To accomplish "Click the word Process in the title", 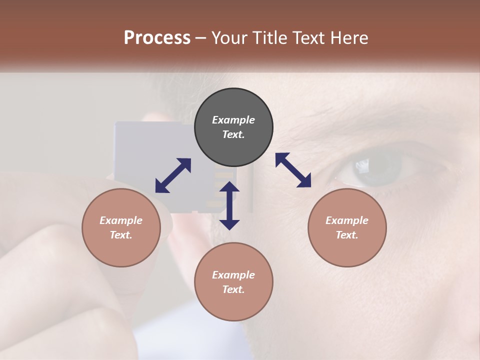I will pyautogui.click(x=157, y=38).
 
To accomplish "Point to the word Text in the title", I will pyautogui.click(x=309, y=38).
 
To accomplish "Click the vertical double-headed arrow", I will pyautogui.click(x=229, y=205).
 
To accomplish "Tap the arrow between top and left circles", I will pyautogui.click(x=173, y=175).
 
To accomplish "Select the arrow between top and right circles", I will pyautogui.click(x=293, y=170).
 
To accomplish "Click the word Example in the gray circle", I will pyautogui.click(x=233, y=120).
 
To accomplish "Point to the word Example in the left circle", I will pyautogui.click(x=121, y=220).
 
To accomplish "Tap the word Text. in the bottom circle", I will pyautogui.click(x=233, y=289).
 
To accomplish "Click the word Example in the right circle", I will pyautogui.click(x=347, y=220).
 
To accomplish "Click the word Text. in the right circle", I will pyautogui.click(x=347, y=235).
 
